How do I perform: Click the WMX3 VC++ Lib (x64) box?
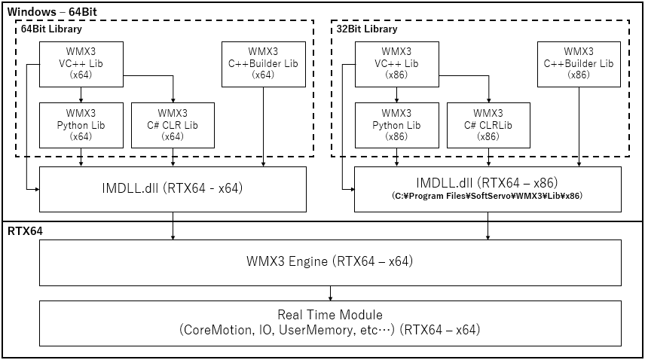81,64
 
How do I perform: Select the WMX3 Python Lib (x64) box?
81,125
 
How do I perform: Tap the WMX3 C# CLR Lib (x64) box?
173,125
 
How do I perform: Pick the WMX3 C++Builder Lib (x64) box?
263,64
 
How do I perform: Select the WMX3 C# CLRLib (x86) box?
488,125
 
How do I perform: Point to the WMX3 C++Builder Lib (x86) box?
578,64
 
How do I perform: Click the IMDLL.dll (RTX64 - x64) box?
173,188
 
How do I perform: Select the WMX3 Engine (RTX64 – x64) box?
330,262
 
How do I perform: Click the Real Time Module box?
330,322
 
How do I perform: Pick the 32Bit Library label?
366,29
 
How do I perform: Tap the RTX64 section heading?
24,231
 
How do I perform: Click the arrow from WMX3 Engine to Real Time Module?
330,292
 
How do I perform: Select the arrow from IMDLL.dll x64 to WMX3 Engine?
173,225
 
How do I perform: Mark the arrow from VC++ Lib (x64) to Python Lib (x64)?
81,93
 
